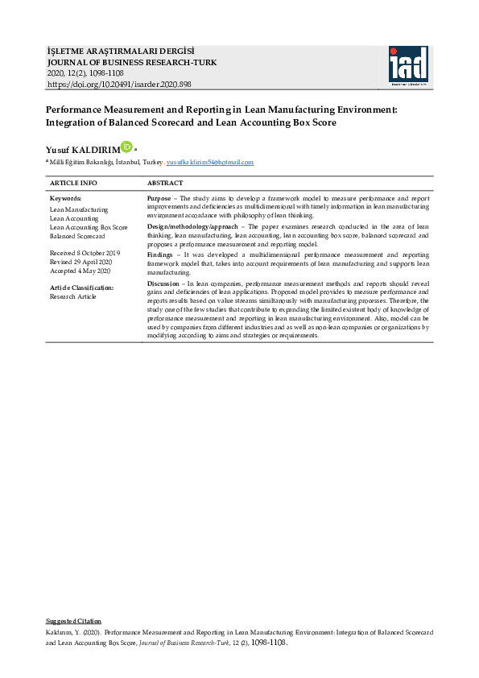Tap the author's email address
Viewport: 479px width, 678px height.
click(209, 163)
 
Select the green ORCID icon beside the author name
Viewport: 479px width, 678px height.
click(126, 147)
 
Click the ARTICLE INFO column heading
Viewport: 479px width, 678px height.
click(73, 183)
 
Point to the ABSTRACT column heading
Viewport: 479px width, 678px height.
click(165, 183)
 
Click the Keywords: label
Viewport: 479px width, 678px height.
click(66, 198)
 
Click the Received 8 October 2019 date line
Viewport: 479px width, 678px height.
click(85, 254)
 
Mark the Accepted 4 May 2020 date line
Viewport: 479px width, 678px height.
click(81, 271)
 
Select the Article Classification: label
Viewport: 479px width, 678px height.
click(81, 287)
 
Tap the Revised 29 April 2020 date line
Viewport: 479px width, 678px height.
click(81, 263)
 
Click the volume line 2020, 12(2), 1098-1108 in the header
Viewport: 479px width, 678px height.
click(86, 73)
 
